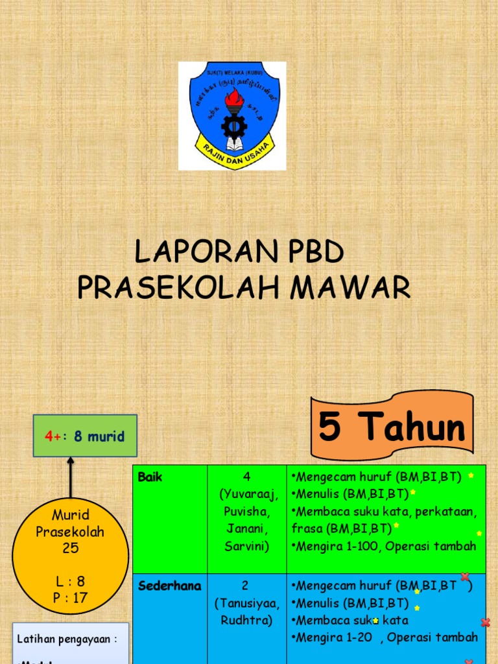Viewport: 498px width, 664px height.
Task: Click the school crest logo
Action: pos(232,115)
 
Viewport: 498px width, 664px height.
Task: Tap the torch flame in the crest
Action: pos(234,99)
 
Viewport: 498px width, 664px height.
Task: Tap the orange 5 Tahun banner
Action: pos(392,427)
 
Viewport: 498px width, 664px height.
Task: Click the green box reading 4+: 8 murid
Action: pos(85,436)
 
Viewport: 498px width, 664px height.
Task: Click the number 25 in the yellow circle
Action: pos(70,548)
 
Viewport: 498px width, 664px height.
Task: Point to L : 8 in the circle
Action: pos(70,581)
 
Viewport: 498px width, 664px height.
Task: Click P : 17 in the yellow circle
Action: pos(70,598)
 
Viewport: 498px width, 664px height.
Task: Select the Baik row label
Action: pos(150,477)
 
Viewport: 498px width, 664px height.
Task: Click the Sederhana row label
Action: pos(170,586)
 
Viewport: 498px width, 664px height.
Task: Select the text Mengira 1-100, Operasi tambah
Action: pos(385,546)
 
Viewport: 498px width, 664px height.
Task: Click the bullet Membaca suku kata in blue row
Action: pos(351,620)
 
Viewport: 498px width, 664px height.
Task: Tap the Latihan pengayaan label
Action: pos(67,639)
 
